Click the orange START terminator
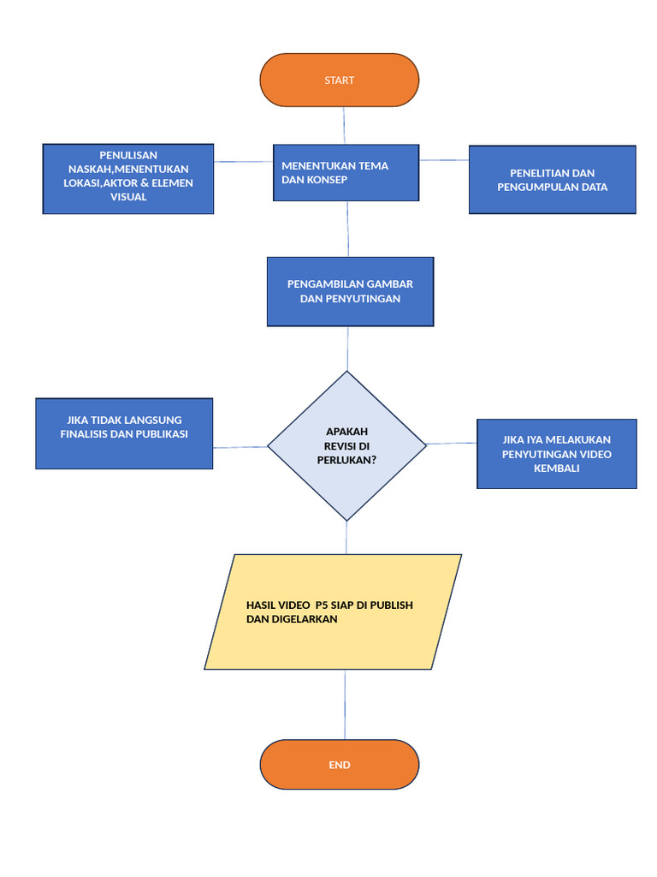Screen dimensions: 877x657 340,80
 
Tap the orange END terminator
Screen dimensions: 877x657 340,764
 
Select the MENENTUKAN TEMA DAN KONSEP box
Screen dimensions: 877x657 346,172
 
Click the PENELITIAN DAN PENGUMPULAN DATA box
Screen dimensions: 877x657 552,180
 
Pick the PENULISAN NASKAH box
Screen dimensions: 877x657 128,178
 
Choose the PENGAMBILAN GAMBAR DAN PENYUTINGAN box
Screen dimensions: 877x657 350,291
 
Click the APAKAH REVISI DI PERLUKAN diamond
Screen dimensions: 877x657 346,445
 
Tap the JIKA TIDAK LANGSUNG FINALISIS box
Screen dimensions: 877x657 124,433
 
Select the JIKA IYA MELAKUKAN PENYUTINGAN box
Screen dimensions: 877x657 556,454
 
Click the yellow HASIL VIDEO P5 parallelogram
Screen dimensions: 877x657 334,612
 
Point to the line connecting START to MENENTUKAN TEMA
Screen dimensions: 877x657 344,125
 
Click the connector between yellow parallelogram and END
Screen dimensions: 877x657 345,704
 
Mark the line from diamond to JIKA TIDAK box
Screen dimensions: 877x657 240,446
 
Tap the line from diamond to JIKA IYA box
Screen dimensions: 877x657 452,443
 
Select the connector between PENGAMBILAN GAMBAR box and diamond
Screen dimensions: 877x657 347,349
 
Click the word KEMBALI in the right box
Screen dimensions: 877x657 556,468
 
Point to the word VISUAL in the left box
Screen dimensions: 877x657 128,197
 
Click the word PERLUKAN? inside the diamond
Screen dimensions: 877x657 346,459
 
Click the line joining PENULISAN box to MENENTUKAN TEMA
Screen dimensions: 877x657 243,160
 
